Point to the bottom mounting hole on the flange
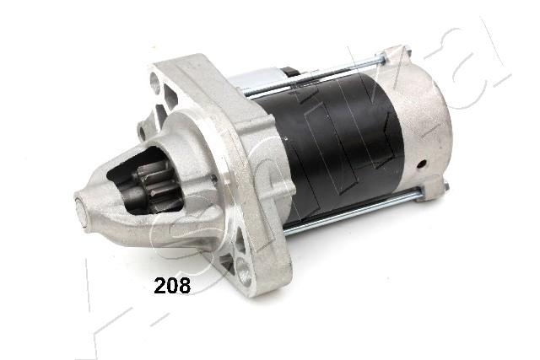tap(244, 270)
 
